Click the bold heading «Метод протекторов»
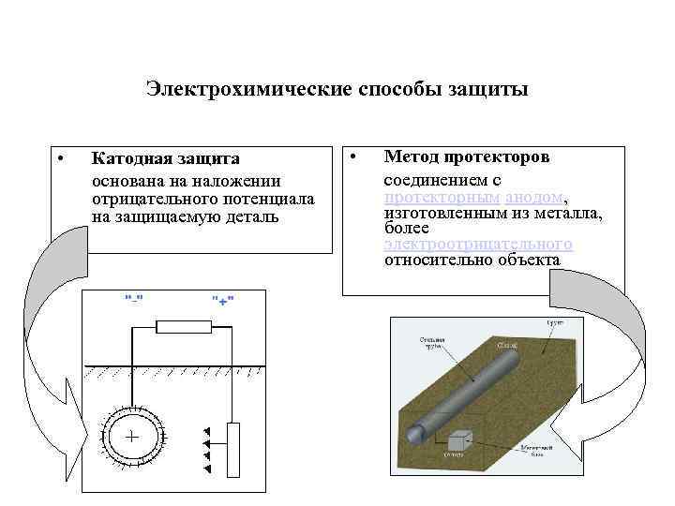[467, 156]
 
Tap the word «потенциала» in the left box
[272, 201]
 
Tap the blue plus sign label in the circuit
[222, 300]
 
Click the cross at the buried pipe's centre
[131, 437]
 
